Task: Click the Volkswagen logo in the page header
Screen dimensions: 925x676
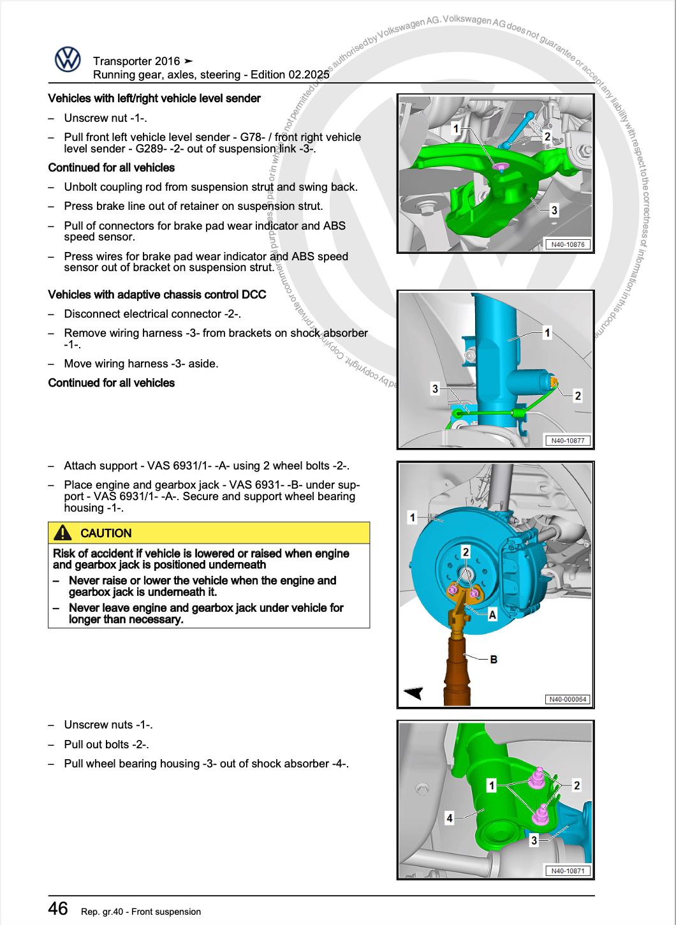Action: pos(67,61)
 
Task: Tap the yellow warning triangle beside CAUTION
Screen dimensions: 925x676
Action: pos(62,533)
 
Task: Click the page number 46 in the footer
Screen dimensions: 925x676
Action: pos(58,908)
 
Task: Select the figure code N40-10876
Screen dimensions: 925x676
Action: pos(567,244)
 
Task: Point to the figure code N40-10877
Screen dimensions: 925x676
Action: pos(567,440)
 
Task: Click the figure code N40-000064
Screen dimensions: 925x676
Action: pos(569,699)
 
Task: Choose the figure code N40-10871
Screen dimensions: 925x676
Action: pos(567,871)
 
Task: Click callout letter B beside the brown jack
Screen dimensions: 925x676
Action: pos(493,659)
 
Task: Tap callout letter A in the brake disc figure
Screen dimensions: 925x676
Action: pos(492,614)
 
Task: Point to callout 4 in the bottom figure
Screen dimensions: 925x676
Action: pos(450,817)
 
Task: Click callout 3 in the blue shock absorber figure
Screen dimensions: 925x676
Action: pos(435,388)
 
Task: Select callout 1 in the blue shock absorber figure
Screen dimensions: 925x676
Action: pos(547,333)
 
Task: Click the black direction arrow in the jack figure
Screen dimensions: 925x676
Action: pos(413,693)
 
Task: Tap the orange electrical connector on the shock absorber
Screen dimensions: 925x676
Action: pos(554,382)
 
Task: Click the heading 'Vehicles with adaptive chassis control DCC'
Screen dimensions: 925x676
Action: pos(157,295)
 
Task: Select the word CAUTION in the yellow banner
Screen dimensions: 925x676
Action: pos(106,533)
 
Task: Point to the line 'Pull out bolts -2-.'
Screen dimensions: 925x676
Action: pos(107,744)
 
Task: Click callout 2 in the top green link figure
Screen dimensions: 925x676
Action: pos(547,136)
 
